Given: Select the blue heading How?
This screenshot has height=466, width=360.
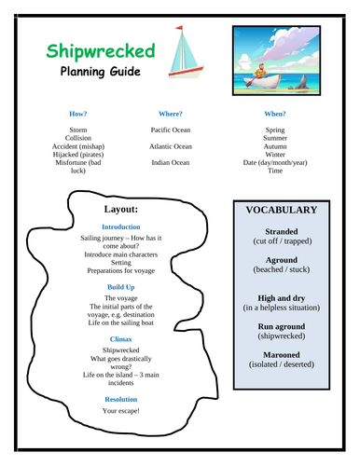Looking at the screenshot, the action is tap(79, 114).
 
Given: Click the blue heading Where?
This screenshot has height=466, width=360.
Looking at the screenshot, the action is tap(170, 114).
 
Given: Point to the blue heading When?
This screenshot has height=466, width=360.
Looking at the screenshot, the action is tap(275, 114).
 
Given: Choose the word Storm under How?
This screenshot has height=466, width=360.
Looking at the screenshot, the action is tap(79, 130).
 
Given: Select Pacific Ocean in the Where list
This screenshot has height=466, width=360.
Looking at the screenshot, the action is tap(170, 130).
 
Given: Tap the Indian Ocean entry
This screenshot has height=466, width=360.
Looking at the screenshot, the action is tap(170, 162).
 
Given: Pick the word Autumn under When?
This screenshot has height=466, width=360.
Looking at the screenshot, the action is tap(275, 146).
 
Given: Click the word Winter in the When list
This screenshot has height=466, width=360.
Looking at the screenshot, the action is tap(275, 155).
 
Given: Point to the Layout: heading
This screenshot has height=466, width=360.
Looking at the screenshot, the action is tap(122, 209).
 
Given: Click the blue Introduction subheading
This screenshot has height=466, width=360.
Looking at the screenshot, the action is tap(122, 226).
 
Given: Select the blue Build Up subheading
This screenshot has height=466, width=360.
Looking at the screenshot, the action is tap(122, 287).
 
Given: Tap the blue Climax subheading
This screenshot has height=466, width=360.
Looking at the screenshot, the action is tap(122, 339).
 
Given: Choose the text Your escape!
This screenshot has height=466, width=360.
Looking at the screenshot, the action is tap(122, 410).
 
